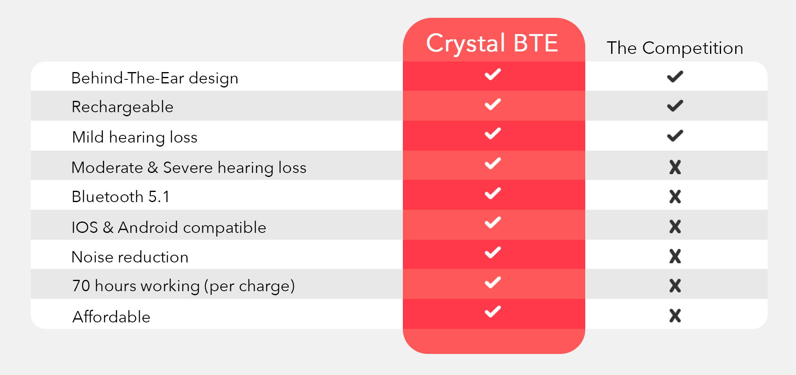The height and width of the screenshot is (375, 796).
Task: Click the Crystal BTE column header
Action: (492, 44)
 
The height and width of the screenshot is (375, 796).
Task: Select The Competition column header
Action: (675, 48)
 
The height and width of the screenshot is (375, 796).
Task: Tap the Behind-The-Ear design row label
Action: (155, 78)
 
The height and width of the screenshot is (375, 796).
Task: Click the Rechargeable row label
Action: (122, 107)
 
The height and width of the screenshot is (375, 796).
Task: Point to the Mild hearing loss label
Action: (135, 137)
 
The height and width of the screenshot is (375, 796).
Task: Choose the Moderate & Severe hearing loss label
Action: (189, 168)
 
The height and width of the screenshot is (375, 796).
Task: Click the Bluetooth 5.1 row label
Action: (120, 197)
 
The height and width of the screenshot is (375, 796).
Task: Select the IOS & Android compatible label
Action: (169, 228)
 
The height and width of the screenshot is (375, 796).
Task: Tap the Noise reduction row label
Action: (130, 257)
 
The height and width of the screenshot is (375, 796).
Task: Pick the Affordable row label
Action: (111, 317)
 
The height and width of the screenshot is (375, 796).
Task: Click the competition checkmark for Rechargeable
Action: (675, 106)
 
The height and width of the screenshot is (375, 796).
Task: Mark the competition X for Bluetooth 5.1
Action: (675, 197)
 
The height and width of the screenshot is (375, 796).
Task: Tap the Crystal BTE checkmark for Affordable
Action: (493, 312)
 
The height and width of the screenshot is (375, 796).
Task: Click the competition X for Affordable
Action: (675, 316)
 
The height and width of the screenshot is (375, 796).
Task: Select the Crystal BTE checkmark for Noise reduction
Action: (493, 253)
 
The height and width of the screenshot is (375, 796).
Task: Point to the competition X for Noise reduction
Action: (675, 256)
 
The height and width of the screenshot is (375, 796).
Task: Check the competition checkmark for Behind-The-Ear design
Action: (675, 77)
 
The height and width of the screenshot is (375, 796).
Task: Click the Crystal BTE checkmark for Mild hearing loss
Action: (493, 134)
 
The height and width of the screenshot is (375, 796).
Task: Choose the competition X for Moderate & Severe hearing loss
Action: (675, 167)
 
